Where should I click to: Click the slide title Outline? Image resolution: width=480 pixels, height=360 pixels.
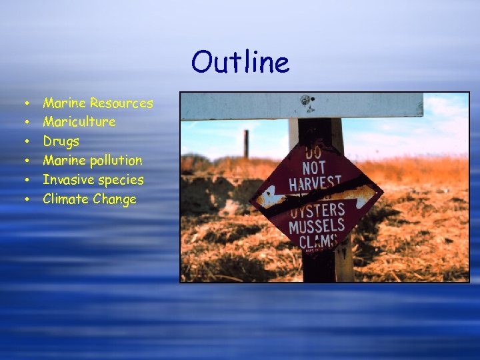click(x=240, y=63)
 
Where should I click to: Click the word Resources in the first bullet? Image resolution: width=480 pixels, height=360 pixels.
click(x=121, y=103)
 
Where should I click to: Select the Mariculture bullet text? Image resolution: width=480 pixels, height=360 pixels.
click(x=79, y=122)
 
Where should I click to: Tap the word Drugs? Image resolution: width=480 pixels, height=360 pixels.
click(x=61, y=141)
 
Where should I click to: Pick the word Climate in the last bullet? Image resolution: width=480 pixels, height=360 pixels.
click(x=66, y=199)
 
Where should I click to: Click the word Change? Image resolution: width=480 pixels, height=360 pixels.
click(x=115, y=199)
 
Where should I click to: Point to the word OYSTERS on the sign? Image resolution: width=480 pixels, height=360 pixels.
click(x=317, y=210)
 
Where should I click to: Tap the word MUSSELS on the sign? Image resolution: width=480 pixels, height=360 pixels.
click(x=317, y=225)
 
